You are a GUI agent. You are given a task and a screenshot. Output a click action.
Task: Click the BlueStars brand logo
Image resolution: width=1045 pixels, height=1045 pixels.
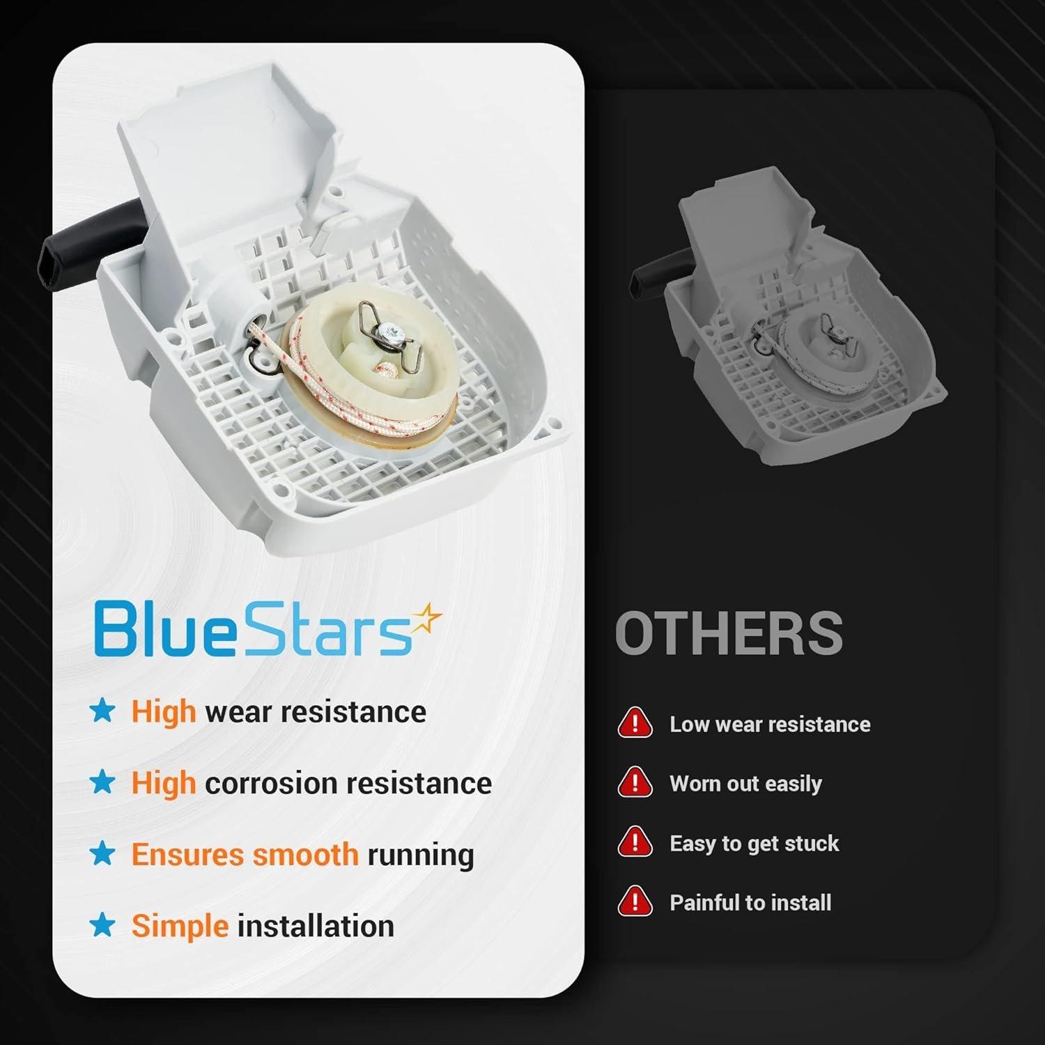(268, 628)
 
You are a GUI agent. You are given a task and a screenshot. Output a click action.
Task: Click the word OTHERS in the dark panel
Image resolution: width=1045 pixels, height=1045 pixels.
(729, 633)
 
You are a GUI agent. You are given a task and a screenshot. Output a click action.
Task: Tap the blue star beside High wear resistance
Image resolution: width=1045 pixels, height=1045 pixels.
(103, 711)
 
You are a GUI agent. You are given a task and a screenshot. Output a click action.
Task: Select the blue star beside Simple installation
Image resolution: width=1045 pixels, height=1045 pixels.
(103, 925)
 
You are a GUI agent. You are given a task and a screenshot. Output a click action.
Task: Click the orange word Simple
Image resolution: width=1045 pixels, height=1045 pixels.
(180, 927)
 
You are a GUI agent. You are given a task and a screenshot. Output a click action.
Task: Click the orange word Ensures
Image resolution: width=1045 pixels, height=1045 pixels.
(187, 854)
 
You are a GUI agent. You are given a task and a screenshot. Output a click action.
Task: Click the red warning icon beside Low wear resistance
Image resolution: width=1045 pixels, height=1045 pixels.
(635, 723)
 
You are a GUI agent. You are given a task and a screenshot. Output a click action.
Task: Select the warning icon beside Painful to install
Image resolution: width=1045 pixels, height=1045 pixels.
(635, 901)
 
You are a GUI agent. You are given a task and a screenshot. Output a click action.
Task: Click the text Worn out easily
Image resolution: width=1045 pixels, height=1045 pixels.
(745, 784)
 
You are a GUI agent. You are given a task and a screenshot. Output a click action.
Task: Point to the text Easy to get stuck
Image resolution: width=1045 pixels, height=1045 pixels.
(754, 844)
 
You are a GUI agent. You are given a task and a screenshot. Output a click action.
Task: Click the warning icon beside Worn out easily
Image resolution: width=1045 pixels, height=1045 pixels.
(635, 783)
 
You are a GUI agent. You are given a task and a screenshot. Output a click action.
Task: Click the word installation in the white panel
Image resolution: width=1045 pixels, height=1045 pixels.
(316, 926)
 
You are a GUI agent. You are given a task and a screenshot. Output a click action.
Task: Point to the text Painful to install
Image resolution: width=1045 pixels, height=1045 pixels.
(750, 903)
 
